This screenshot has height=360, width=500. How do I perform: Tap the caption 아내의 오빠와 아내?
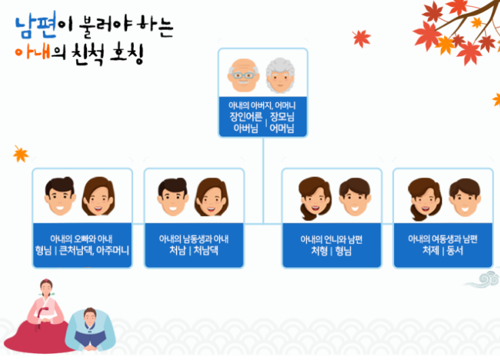[x=82, y=239]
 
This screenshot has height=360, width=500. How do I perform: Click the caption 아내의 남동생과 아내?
[x=194, y=239]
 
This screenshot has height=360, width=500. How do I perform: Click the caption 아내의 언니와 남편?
[x=332, y=239]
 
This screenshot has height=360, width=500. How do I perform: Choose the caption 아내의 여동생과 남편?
[x=443, y=239]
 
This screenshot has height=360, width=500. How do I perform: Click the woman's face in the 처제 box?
[x=425, y=197]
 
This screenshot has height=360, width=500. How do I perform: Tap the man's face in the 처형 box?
[x=353, y=197]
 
